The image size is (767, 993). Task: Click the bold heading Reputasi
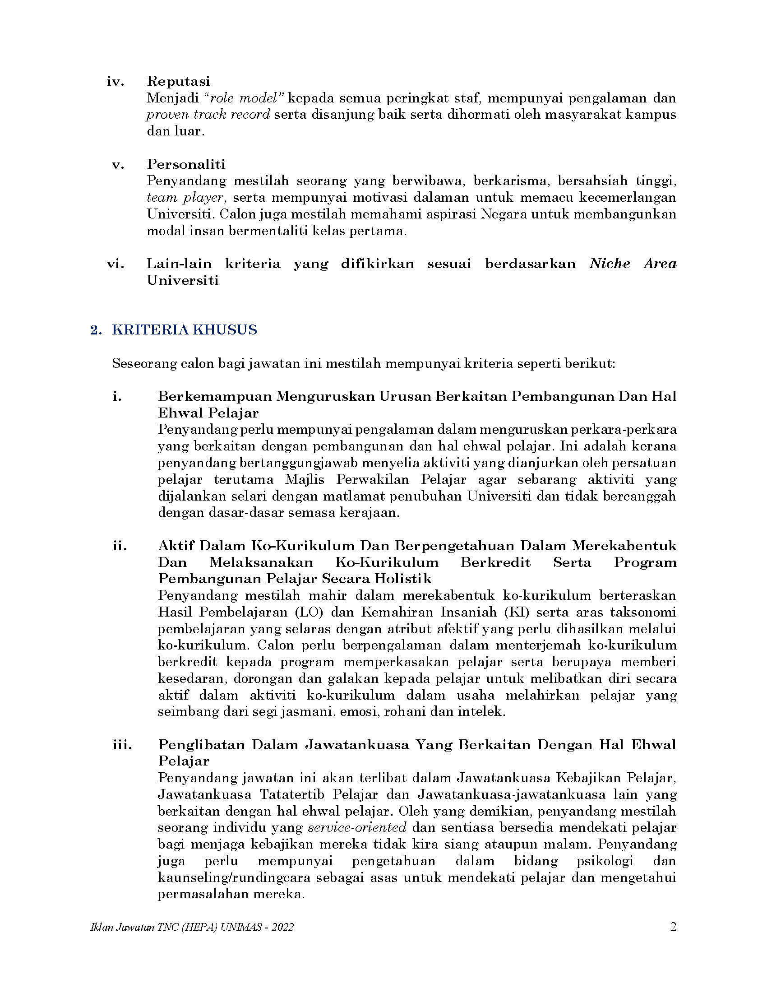[179, 81]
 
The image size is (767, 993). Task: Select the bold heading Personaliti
[186, 164]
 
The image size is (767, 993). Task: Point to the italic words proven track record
[208, 115]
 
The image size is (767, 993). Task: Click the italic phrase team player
[186, 198]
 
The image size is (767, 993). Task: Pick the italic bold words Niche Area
[633, 264]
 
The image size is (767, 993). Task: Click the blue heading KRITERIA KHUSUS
[185, 329]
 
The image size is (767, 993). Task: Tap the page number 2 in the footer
[674, 927]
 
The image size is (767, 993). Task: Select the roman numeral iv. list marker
[116, 81]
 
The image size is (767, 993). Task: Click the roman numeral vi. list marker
[116, 264]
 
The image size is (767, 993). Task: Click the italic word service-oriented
[357, 827]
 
